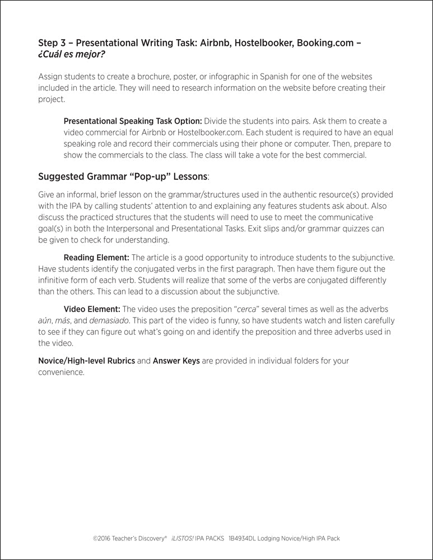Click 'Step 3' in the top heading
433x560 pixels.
52,43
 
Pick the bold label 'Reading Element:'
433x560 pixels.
96,258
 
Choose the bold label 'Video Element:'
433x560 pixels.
92,309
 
